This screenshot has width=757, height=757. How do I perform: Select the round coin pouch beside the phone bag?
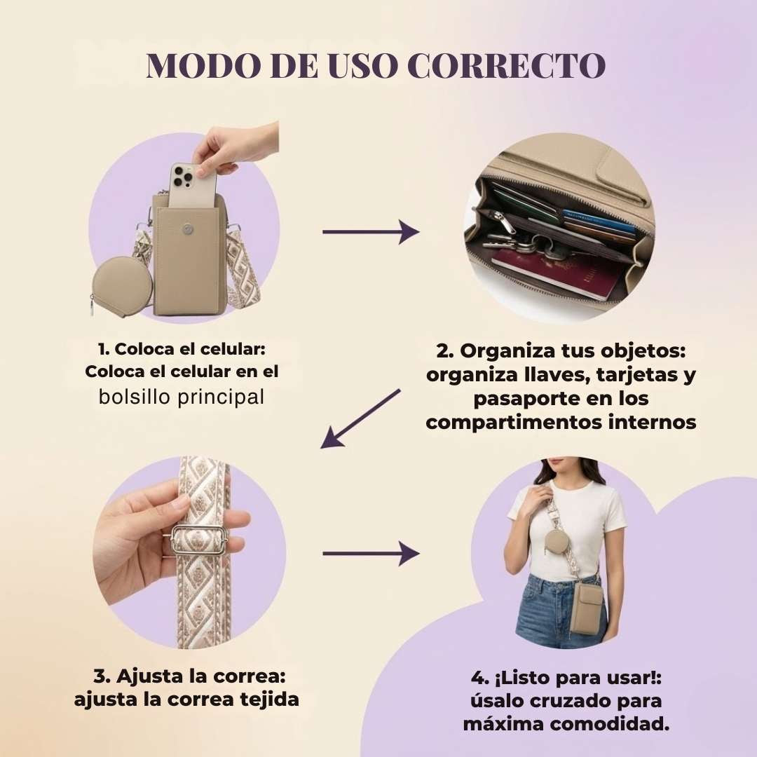pyautogui.click(x=122, y=285)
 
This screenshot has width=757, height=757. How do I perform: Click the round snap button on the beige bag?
pyautogui.click(x=188, y=229)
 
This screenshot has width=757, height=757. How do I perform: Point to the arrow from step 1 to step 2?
pyautogui.click(x=371, y=232)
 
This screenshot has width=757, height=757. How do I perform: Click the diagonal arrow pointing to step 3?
pyautogui.click(x=360, y=418)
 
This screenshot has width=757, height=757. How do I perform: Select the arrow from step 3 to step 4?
pyautogui.click(x=371, y=553)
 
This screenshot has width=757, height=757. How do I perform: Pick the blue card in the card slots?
pyautogui.click(x=599, y=220)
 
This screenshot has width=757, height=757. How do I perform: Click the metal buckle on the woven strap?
pyautogui.click(x=199, y=540)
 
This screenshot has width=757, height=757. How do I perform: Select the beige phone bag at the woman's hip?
pyautogui.click(x=587, y=608)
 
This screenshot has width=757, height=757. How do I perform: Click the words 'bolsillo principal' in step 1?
pyautogui.click(x=182, y=397)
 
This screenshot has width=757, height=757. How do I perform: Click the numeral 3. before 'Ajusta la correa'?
pyautogui.click(x=102, y=676)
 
